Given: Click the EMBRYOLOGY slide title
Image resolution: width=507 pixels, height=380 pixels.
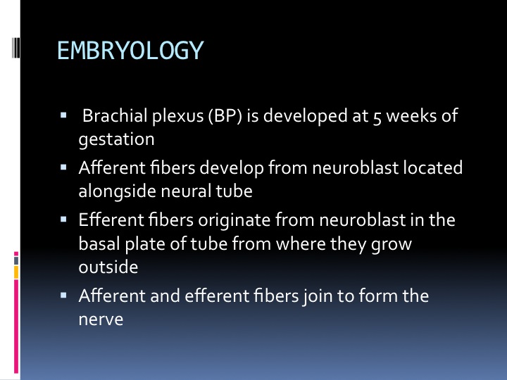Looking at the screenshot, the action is pyautogui.click(x=130, y=51).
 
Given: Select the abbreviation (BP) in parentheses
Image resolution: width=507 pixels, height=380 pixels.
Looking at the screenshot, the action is pyautogui.click(x=225, y=115).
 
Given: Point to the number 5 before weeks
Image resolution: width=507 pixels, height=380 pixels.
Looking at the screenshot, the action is pyautogui.click(x=377, y=118).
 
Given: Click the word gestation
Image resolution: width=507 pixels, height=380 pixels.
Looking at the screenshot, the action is pyautogui.click(x=116, y=140).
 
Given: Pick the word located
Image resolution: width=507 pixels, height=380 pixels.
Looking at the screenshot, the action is pyautogui.click(x=432, y=167).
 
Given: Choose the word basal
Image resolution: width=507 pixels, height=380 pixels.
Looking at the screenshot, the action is pyautogui.click(x=99, y=243).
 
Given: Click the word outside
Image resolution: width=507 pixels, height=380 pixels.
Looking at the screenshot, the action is pyautogui.click(x=108, y=267).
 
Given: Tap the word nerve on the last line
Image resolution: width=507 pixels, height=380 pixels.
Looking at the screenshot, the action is pyautogui.click(x=101, y=320).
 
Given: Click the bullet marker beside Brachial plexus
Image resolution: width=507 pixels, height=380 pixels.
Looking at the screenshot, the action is pyautogui.click(x=63, y=115).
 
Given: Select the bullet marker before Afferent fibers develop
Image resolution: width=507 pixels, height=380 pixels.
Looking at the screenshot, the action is pyautogui.click(x=63, y=167).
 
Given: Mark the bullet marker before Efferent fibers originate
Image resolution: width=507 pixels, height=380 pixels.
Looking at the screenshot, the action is pyautogui.click(x=63, y=220).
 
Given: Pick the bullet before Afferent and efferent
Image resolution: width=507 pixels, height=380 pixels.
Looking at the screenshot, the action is pyautogui.click(x=63, y=295).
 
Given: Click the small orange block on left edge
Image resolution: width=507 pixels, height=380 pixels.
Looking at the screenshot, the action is pyautogui.click(x=16, y=272).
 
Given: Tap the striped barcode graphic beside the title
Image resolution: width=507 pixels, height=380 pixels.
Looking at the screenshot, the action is pyautogui.click(x=15, y=48).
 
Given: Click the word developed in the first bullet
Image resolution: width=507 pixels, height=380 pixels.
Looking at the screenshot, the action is pyautogui.click(x=305, y=116).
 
